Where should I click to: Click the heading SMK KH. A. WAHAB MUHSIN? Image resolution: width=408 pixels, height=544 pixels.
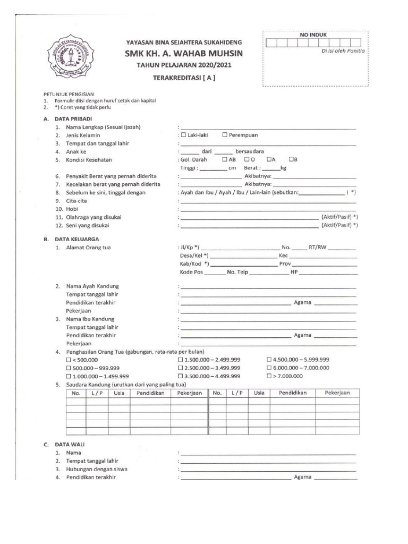[184, 54]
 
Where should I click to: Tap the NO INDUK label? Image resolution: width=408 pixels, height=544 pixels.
[313, 35]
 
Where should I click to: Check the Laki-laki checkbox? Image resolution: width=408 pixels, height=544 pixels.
[184, 135]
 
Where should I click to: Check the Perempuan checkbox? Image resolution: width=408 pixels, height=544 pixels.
[226, 135]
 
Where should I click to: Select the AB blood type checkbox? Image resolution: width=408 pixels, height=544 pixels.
[225, 159]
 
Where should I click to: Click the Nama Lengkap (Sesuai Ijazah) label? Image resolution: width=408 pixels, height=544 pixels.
[107, 127]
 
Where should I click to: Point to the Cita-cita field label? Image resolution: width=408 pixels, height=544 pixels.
[77, 201]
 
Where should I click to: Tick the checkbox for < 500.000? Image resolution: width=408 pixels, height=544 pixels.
[68, 360]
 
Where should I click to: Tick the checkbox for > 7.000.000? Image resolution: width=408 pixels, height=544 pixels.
[269, 376]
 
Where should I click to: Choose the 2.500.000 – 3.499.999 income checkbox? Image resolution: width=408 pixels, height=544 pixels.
[181, 368]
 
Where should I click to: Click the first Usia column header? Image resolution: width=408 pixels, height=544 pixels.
[119, 393]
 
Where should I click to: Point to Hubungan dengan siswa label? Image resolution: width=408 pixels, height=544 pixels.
[97, 469]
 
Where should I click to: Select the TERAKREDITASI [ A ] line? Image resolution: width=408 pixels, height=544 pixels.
[184, 77]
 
